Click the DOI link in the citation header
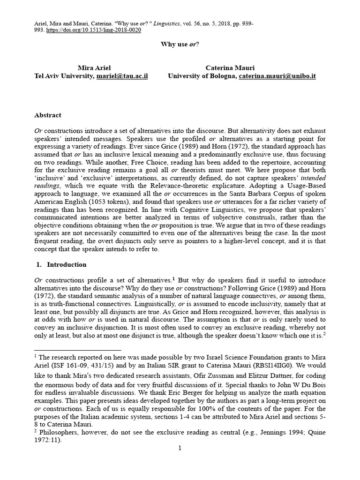(x=94, y=30)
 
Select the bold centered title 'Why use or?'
(x=180, y=45)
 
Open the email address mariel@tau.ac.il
(x=122, y=75)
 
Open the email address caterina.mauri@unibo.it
(x=277, y=75)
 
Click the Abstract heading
(x=48, y=115)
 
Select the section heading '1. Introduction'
(x=61, y=264)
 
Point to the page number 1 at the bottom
(x=180, y=448)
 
